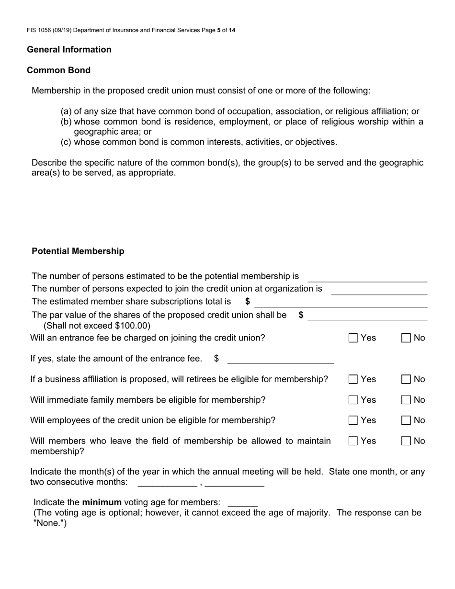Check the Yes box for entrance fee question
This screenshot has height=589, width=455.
tap(353, 338)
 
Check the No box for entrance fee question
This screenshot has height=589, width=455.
tap(406, 338)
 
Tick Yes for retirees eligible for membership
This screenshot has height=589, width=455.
tap(353, 379)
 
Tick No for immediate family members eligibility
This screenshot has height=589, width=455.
tap(406, 400)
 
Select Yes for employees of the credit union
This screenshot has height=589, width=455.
tap(353, 420)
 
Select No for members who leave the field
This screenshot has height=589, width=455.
tap(406, 441)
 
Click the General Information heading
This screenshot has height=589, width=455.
tap(69, 50)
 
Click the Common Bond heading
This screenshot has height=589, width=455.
tap(58, 70)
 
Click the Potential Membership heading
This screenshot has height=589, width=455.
tap(78, 251)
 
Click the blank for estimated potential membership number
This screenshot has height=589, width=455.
tap(367, 277)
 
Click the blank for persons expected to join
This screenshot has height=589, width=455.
tap(378, 290)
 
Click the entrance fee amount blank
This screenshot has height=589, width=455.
tap(280, 359)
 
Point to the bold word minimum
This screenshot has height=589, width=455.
tap(102, 502)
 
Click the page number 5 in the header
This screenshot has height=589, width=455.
tap(218, 30)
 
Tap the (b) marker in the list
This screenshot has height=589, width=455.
tap(66, 122)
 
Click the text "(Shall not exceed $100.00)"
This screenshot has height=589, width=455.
tap(97, 326)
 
